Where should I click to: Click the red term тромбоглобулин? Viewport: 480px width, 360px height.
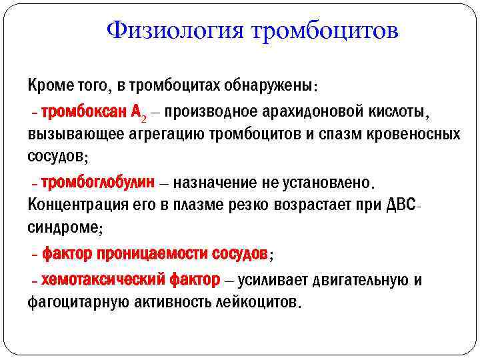click(98, 181)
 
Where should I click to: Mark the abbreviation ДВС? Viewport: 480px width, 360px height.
click(399, 205)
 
